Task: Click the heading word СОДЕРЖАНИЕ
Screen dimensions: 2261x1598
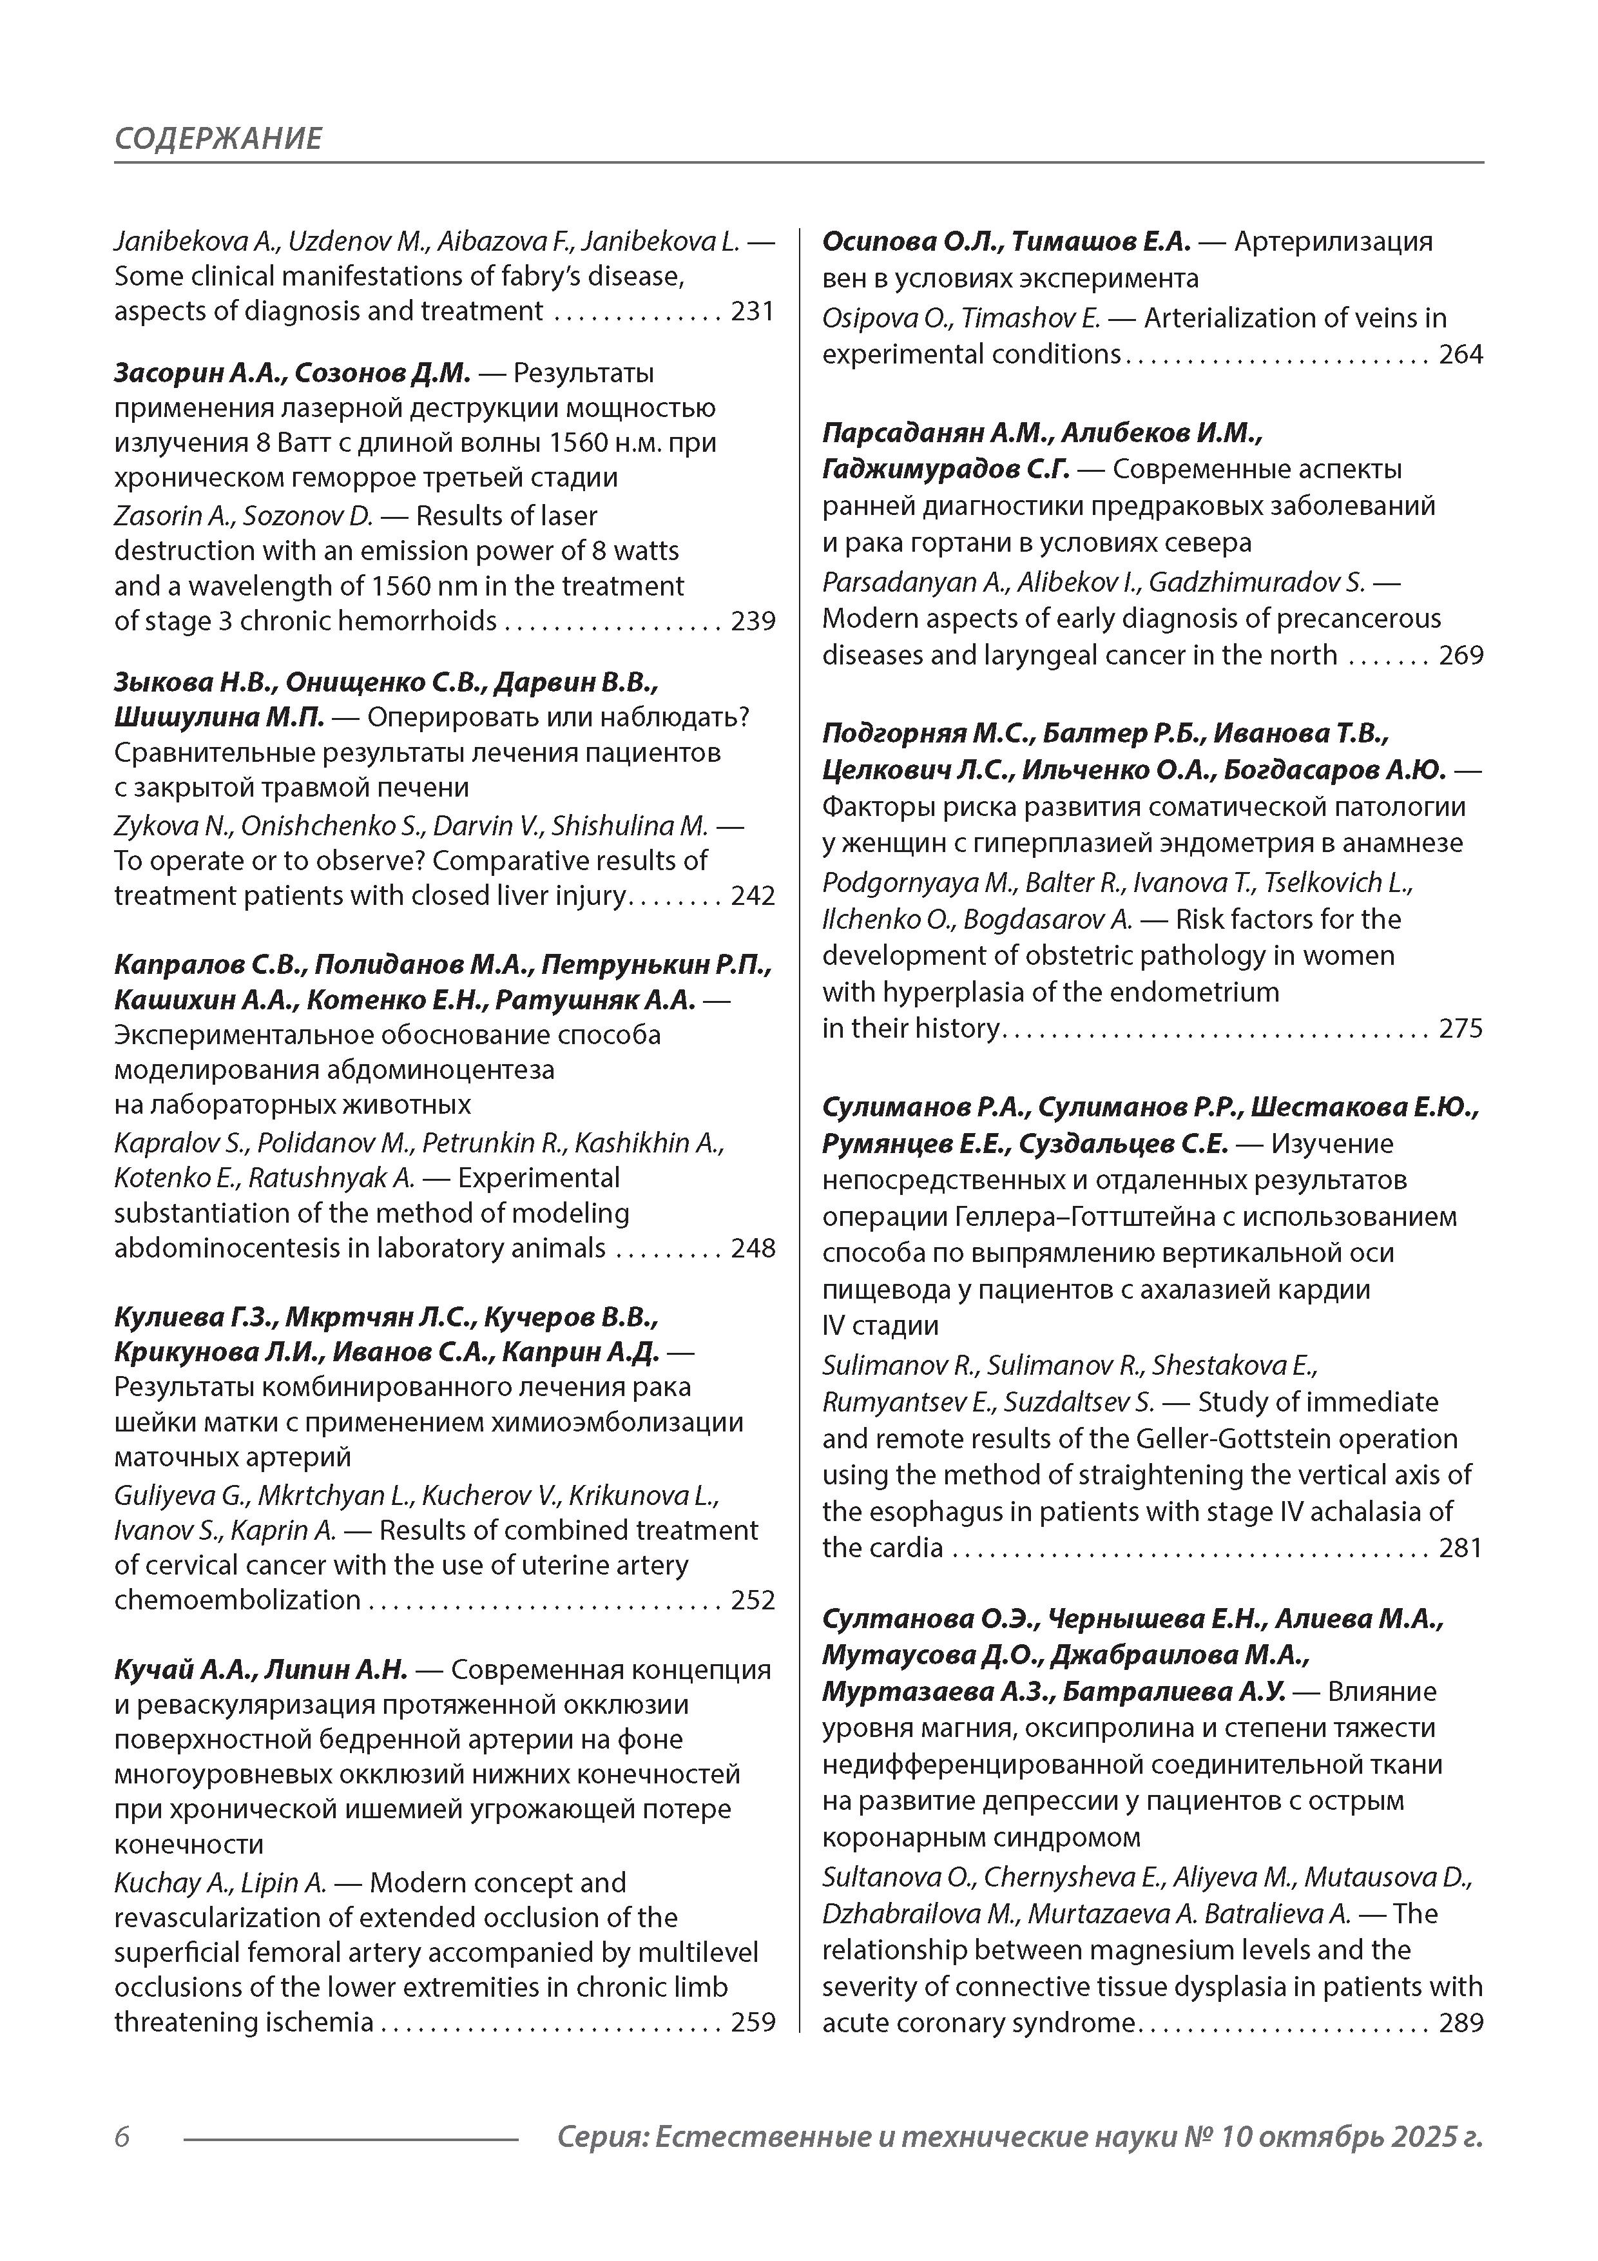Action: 218,138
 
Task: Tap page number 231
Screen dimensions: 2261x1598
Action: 752,311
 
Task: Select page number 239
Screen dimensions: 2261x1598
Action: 752,621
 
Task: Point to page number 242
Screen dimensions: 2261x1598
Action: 752,895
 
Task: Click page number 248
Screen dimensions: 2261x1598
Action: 752,1248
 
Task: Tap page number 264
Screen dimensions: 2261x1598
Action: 1460,354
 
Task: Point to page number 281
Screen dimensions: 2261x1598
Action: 1460,1548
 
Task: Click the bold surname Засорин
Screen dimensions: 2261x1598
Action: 170,373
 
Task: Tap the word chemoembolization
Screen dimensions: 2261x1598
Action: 237,1600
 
